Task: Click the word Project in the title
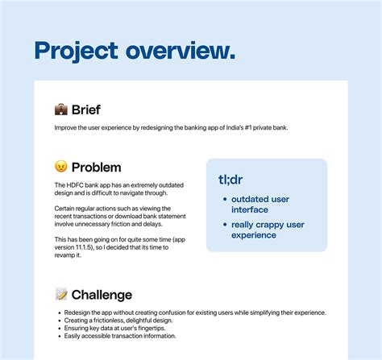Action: pyautogui.click(x=73, y=51)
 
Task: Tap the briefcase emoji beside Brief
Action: pyautogui.click(x=60, y=110)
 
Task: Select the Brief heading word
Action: pyautogui.click(x=86, y=110)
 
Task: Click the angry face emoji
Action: pyautogui.click(x=60, y=168)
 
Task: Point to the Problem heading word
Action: pyautogui.click(x=96, y=168)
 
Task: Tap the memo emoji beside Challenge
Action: pyautogui.click(x=60, y=295)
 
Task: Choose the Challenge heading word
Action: pyautogui.click(x=102, y=295)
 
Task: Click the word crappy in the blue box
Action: pyautogui.click(x=273, y=225)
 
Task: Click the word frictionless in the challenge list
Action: pyautogui.click(x=102, y=321)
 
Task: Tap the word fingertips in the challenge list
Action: pyautogui.click(x=147, y=328)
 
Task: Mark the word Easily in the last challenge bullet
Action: pyautogui.click(x=69, y=336)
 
